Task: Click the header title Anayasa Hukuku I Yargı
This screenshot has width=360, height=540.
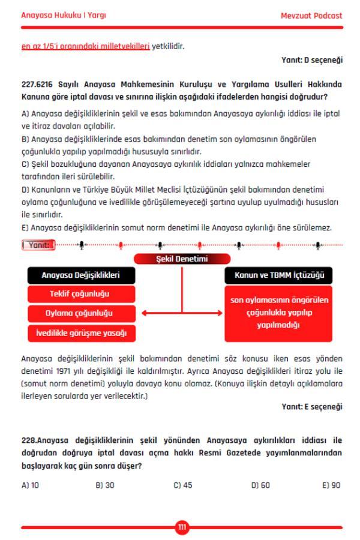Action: coord(59,16)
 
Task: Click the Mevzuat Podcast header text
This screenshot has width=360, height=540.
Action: coord(311,16)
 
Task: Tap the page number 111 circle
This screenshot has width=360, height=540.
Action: coord(182,527)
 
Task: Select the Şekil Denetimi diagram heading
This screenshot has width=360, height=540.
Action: coord(182,259)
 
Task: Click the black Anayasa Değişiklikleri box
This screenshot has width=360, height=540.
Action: coord(81,275)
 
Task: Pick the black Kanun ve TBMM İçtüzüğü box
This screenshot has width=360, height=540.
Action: coord(278,275)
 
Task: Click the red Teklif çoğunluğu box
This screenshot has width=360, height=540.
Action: coord(81,294)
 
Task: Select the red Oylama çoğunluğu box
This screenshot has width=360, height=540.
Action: coord(81,313)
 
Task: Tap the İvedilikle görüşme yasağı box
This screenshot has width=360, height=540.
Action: coord(81,332)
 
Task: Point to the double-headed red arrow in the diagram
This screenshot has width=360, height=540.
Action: coord(181,313)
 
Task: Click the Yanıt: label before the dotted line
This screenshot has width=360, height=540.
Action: coord(38,245)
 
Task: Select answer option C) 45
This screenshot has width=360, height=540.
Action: coord(182,485)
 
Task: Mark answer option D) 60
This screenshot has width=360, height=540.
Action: coord(260,485)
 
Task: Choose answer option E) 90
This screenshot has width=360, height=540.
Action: coord(331,485)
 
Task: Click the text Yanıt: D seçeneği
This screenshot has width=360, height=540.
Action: coord(312,60)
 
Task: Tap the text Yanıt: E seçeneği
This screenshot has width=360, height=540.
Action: coord(312,407)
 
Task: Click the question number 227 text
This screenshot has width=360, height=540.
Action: coord(28,84)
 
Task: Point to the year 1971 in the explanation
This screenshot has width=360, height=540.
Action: coord(91,370)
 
